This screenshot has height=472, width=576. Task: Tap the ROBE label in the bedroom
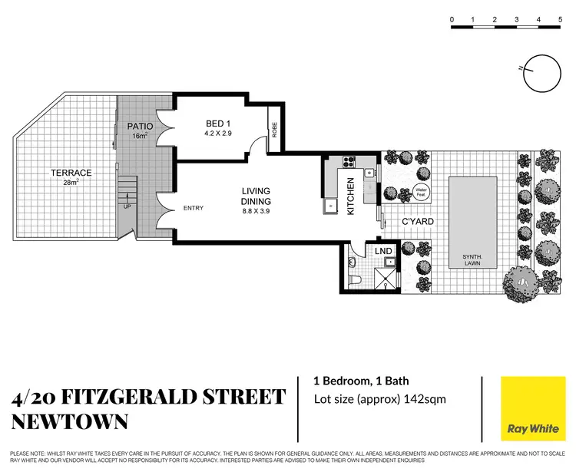click(273, 131)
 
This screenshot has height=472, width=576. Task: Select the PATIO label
click(141, 126)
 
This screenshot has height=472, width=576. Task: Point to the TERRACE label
click(71, 173)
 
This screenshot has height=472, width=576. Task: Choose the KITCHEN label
click(350, 196)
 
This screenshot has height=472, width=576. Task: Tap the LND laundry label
click(385, 250)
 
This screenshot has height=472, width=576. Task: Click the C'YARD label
click(419, 222)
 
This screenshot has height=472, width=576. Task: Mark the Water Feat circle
click(421, 192)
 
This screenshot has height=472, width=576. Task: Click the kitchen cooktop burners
click(347, 162)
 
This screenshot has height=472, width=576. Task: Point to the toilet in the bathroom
click(352, 280)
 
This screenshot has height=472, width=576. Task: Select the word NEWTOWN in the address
click(70, 421)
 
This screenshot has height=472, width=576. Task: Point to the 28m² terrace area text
click(71, 183)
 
